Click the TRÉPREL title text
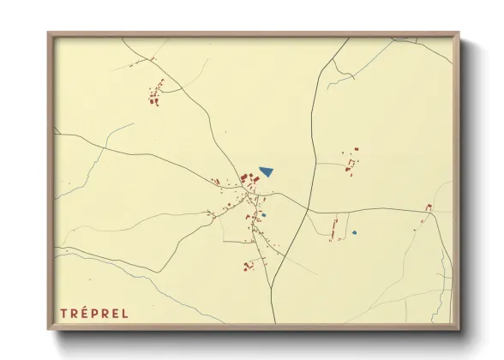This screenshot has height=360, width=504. [94, 313]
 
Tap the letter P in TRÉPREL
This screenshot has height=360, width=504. [94, 313]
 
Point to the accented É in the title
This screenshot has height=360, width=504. [82, 312]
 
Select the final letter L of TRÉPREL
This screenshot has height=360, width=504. [125, 313]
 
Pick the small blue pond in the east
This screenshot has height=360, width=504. [353, 232]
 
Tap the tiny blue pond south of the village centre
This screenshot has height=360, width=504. [264, 214]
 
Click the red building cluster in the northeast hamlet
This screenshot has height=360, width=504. [351, 161]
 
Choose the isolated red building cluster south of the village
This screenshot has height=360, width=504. [249, 266]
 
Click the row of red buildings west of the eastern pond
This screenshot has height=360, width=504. [334, 227]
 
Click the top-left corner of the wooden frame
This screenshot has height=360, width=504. [49, 33]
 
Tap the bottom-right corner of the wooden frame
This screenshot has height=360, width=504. [458, 327]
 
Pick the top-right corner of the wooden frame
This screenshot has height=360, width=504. [458, 33]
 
